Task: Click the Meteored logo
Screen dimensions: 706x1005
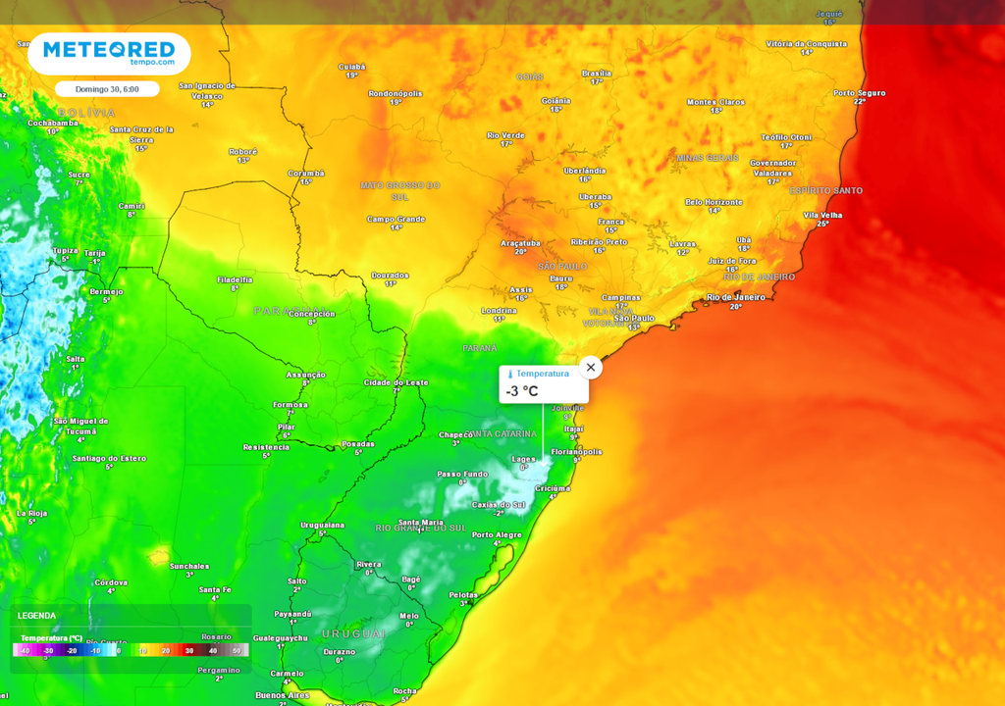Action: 108,52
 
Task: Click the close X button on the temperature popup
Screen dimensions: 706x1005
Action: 590,368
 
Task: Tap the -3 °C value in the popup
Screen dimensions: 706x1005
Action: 522,391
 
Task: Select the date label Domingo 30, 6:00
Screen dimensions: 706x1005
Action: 107,89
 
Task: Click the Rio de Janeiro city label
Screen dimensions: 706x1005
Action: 735,296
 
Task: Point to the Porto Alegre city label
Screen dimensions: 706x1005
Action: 496,534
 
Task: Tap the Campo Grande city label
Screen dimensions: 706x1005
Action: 396,219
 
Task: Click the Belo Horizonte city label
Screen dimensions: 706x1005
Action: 714,201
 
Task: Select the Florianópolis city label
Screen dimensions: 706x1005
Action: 576,451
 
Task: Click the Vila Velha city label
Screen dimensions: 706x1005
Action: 822,215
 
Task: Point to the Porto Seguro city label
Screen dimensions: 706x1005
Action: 859,93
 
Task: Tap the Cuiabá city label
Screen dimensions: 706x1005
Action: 351,67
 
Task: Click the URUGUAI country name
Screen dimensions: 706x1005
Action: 353,634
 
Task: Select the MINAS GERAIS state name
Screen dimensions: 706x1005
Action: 707,158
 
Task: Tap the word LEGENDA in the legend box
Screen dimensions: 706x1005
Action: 36,616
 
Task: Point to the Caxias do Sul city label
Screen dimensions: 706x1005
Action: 499,504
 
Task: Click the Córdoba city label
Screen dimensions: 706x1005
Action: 110,582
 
